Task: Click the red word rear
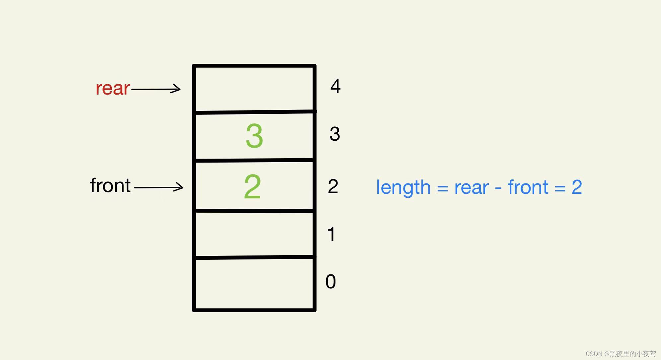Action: (x=112, y=88)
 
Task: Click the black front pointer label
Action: (x=110, y=185)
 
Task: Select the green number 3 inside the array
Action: (x=254, y=136)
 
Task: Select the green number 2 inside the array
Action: (x=252, y=187)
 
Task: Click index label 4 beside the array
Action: (x=335, y=86)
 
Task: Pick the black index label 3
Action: (x=335, y=134)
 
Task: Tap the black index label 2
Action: (x=333, y=186)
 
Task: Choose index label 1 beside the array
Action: (x=331, y=234)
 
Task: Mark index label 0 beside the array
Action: (x=330, y=282)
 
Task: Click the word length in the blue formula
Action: (x=403, y=187)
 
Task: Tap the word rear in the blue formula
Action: (x=471, y=188)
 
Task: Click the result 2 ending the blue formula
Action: (x=577, y=187)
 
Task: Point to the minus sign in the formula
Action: (x=498, y=188)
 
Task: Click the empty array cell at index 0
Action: (x=254, y=284)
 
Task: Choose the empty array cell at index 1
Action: (x=254, y=234)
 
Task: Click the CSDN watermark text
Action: (x=621, y=354)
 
